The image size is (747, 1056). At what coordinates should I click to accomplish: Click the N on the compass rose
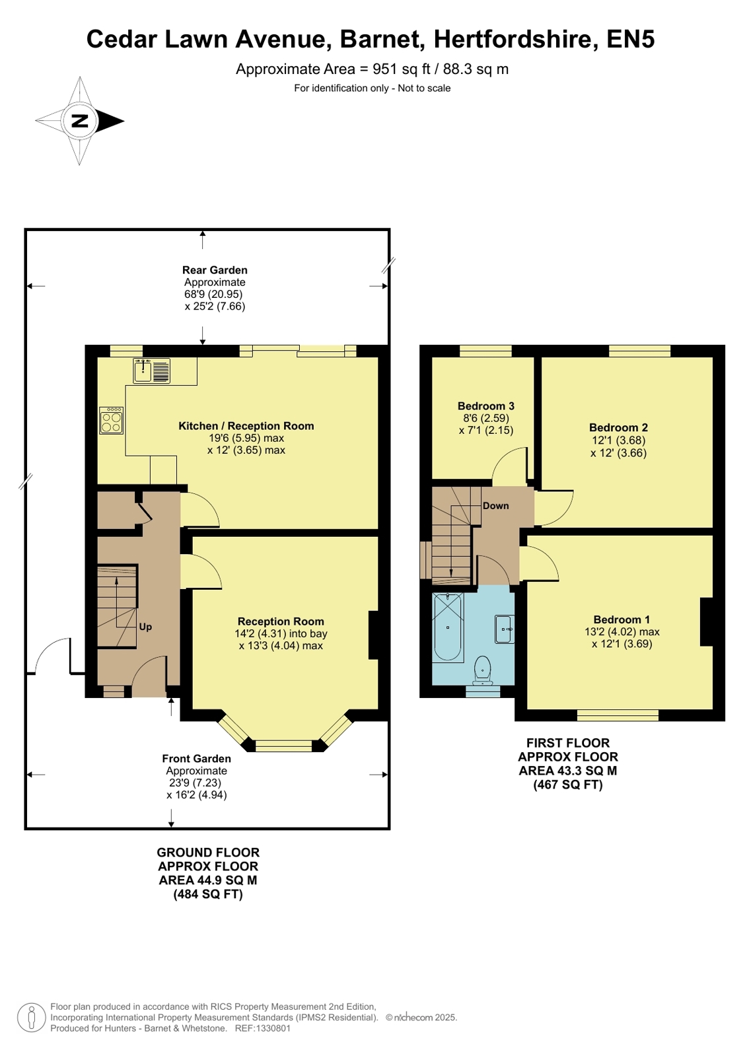[x=80, y=121]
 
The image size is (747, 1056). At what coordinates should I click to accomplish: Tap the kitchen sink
[x=151, y=370]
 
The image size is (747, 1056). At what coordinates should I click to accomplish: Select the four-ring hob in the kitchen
[x=112, y=421]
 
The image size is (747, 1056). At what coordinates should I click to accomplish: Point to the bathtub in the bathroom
[x=448, y=627]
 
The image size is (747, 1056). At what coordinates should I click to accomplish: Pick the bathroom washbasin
[x=504, y=629]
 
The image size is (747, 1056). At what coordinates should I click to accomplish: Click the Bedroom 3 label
[x=485, y=406]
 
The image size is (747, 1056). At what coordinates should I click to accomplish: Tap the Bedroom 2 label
[x=618, y=427]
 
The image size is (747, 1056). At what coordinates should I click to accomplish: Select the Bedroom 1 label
[x=622, y=619]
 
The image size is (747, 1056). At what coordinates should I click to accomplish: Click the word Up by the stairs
[x=145, y=627]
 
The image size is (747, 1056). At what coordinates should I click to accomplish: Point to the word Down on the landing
[x=495, y=506]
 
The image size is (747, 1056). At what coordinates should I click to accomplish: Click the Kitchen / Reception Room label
[x=246, y=426]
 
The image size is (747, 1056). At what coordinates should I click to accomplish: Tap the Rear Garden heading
[x=215, y=270]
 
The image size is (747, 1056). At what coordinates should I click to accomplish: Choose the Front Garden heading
[x=197, y=759]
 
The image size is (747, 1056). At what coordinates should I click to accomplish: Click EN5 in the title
[x=631, y=39]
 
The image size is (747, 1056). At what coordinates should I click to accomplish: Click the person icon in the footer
[x=32, y=1017]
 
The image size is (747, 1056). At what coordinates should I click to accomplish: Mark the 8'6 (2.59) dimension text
[x=485, y=418]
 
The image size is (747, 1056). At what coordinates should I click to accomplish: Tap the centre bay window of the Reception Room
[x=283, y=746]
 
